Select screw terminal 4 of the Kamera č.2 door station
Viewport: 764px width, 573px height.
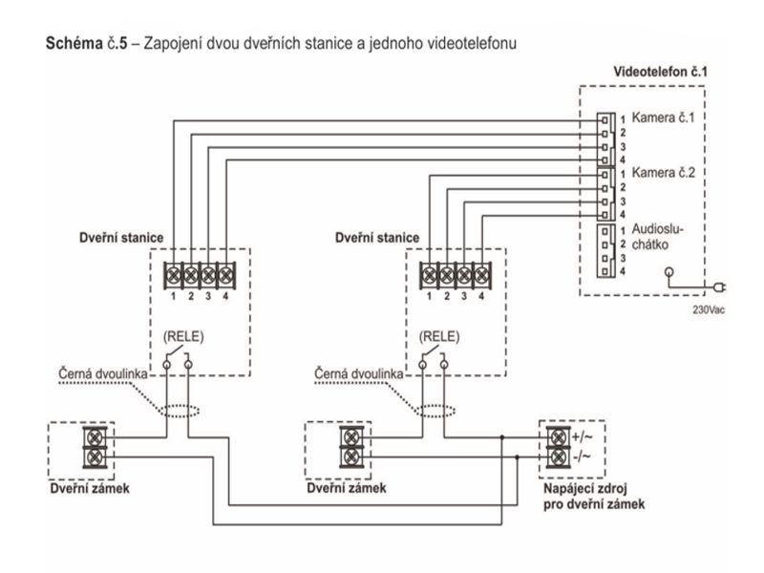(482, 276)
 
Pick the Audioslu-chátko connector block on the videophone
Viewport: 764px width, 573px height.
(605, 250)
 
